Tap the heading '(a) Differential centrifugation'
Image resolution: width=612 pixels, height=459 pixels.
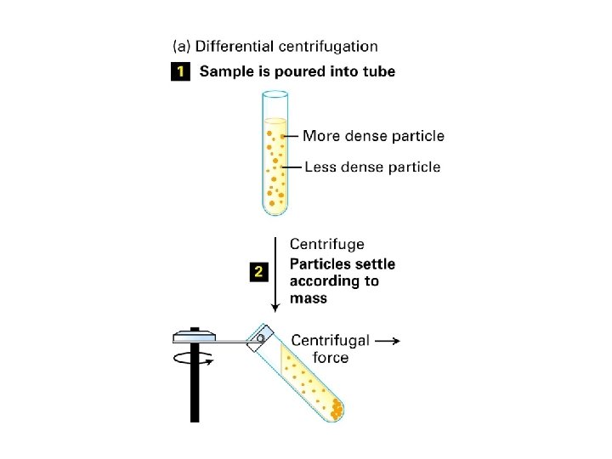(275, 46)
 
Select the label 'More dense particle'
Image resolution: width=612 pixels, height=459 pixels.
(373, 136)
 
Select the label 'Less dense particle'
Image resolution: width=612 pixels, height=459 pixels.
(371, 167)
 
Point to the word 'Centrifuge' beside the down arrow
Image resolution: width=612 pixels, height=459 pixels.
(327, 245)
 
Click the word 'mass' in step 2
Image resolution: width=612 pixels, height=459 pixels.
(309, 299)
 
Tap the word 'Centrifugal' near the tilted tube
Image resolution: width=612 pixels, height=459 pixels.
(330, 341)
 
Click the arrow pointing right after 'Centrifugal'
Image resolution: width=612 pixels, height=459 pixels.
(388, 341)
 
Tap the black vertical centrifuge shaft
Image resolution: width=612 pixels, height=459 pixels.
(194, 391)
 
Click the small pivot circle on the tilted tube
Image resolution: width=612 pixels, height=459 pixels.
(259, 337)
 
